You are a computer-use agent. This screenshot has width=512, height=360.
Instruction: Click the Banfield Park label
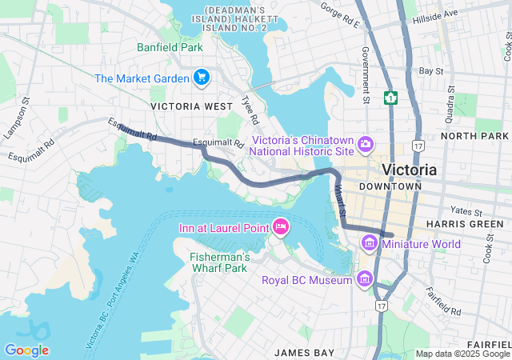click(x=170, y=47)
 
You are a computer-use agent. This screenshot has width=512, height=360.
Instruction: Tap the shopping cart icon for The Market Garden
click(x=202, y=78)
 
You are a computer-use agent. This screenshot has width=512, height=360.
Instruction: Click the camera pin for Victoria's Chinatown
click(x=366, y=143)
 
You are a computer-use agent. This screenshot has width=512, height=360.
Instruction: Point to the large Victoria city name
click(x=410, y=170)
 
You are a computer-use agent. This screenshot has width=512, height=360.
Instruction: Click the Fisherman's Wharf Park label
click(x=220, y=262)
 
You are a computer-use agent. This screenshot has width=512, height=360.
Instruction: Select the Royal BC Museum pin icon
click(x=366, y=278)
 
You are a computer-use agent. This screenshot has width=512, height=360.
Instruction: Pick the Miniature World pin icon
click(x=370, y=242)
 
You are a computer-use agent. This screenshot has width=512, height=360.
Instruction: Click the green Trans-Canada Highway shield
click(x=391, y=98)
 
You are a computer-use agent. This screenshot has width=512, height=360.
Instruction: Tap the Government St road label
click(x=365, y=76)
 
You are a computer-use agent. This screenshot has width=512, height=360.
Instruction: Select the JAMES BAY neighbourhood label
click(x=303, y=352)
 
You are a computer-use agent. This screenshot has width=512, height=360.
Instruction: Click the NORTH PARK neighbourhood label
click(x=474, y=136)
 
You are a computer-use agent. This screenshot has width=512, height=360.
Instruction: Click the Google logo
click(x=26, y=350)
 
